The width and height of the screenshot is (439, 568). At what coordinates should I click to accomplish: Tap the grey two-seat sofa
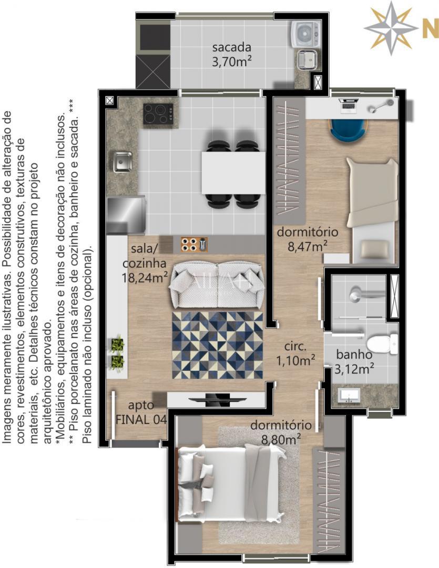coord(217,284)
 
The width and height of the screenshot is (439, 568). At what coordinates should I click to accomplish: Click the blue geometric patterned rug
coord(217,344)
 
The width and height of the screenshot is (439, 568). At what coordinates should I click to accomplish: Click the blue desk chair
coord(348,129)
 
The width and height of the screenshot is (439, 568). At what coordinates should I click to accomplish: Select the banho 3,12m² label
coord(355,361)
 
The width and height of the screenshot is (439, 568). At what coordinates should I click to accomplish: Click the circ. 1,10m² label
coord(296,353)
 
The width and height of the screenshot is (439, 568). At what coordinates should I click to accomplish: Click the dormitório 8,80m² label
coord(281,431)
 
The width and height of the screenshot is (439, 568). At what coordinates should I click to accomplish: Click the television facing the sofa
coord(216,398)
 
